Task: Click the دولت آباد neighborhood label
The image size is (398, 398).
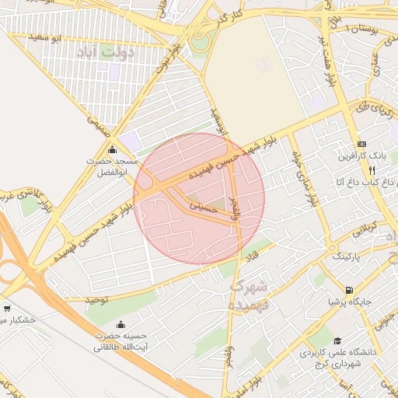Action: click(x=107, y=53)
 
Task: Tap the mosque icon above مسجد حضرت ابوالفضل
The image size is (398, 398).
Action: click(x=113, y=150)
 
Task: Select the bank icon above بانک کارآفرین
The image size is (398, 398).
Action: click(x=361, y=145)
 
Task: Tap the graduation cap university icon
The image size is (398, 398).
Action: click(x=337, y=340)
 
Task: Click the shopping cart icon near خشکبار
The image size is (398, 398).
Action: click(x=7, y=309)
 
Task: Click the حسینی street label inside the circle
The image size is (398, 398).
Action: click(x=204, y=206)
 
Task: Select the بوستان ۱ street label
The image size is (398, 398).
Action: click(x=363, y=28)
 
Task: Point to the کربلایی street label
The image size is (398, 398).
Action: click(x=366, y=229)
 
